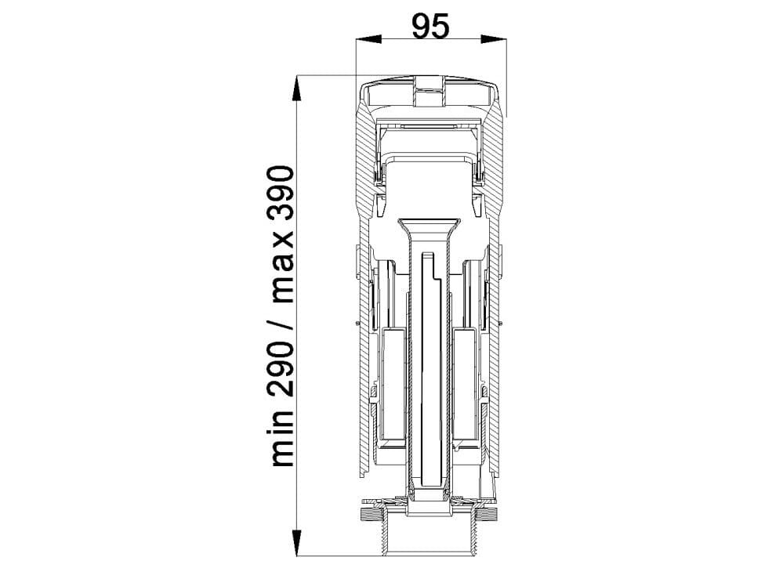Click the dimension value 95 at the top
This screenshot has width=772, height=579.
(430, 27)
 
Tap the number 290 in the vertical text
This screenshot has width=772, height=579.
(282, 365)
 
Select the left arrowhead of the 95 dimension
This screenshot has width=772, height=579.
(366, 38)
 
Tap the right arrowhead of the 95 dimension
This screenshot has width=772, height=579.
(495, 38)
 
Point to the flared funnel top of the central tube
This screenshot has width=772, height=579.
(429, 223)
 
